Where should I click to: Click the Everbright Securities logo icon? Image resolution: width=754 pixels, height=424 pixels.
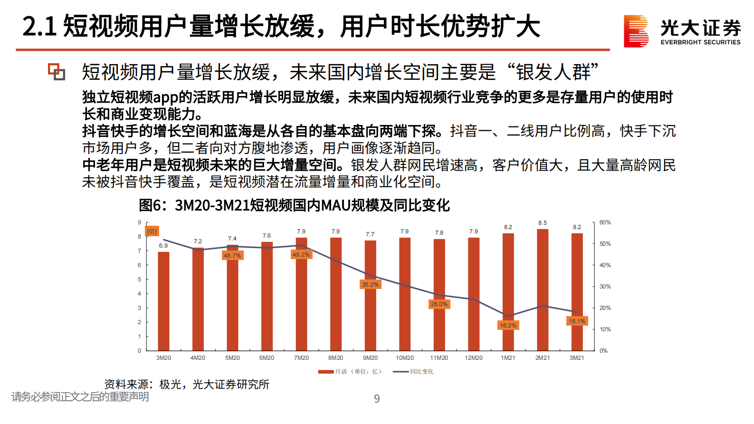coord(636,31)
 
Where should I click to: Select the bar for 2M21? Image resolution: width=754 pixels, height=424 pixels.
coord(543,290)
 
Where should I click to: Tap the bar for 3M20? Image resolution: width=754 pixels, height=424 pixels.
coord(163,301)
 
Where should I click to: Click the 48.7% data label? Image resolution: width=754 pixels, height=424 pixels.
coord(232,256)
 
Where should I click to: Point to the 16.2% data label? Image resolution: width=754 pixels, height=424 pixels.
coord(508,326)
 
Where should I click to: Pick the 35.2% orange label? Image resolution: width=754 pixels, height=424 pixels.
coord(370,285)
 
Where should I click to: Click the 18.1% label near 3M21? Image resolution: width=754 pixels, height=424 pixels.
coord(577,321)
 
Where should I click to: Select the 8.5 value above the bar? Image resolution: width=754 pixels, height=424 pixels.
coord(543,223)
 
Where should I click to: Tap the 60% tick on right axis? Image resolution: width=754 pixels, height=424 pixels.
coord(605,222)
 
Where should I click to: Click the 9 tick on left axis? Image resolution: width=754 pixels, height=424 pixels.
coord(140,222)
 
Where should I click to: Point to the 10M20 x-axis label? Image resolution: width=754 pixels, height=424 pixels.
coord(405,358)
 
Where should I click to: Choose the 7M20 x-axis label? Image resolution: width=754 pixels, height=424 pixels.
coord(301,358)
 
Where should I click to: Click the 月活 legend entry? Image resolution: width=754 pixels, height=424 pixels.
coord(350,372)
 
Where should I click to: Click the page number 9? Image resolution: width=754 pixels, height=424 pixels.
coord(377,399)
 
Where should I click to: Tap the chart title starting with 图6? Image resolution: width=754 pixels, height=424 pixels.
coord(294,205)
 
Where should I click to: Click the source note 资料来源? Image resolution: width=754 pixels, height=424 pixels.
coord(187,384)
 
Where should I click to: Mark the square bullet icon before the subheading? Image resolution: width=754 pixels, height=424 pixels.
coord(57,72)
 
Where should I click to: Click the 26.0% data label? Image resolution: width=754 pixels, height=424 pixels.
coord(439,304)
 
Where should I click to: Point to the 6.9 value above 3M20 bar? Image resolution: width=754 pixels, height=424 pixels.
coord(163,246)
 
